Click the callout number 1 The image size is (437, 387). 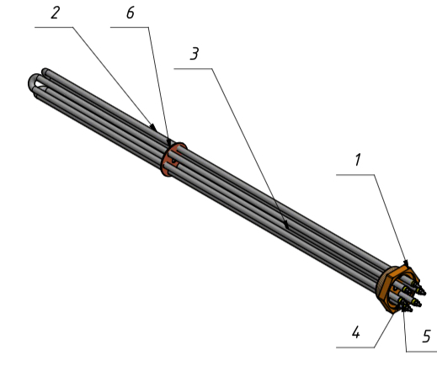(x=357, y=160)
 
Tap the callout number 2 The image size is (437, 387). (x=56, y=13)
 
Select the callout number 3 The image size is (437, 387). (x=195, y=53)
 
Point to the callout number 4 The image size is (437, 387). (x=356, y=332)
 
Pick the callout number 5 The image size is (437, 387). (x=426, y=336)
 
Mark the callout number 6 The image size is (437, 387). (x=131, y=13)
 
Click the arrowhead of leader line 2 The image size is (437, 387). (x=153, y=127)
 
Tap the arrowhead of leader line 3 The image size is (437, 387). (x=285, y=224)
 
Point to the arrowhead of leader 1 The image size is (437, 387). (x=406, y=262)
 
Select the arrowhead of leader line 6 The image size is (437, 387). (x=169, y=141)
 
